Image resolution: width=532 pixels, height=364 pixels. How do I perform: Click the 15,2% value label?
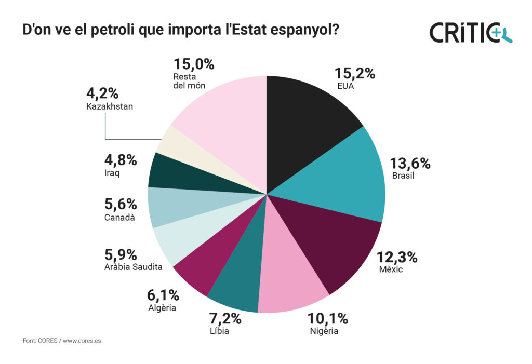354,74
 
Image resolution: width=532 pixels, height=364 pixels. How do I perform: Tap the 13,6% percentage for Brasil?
411,164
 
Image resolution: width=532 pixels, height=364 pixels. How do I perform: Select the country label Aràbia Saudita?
133,267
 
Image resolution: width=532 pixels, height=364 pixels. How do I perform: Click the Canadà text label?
119,217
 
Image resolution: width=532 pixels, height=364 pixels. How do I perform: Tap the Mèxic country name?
391,269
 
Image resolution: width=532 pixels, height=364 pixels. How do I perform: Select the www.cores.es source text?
86,341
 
